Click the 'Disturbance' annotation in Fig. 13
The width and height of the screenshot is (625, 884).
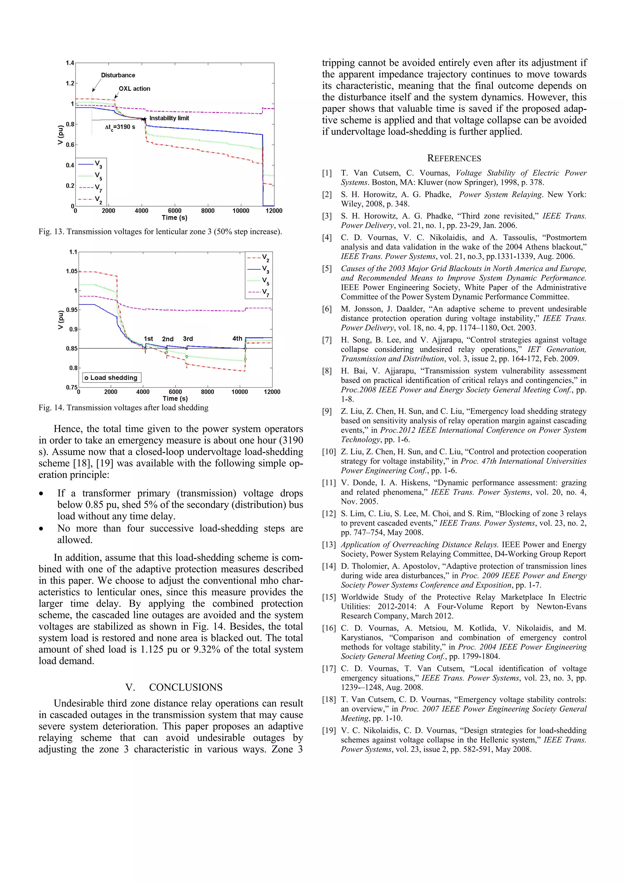click(x=118, y=75)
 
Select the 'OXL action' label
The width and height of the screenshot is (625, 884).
click(x=134, y=88)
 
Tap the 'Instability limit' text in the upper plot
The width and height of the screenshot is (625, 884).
click(x=169, y=118)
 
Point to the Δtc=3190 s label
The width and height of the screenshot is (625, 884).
click(x=120, y=127)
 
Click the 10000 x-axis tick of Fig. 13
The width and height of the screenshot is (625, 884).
click(x=241, y=211)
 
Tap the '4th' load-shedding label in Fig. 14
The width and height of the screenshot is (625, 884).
click(x=237, y=338)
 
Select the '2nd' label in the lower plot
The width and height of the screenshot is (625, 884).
click(x=168, y=339)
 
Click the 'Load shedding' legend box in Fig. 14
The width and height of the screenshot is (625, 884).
click(x=112, y=378)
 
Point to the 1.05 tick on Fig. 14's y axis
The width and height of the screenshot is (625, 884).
click(x=72, y=271)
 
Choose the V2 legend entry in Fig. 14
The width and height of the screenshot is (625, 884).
click(x=258, y=258)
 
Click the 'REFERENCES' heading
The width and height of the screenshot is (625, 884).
click(x=454, y=158)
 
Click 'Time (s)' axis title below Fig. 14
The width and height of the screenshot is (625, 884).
click(x=175, y=399)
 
